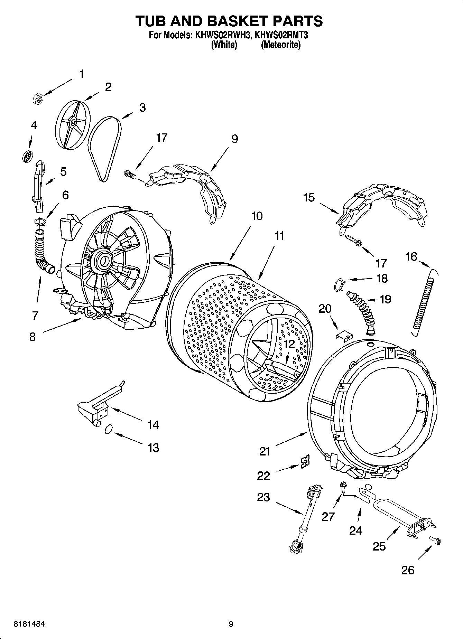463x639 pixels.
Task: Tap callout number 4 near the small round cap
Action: [x=34, y=125]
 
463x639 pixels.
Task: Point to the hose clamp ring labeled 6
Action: [x=40, y=222]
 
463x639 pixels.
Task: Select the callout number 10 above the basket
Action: [x=257, y=216]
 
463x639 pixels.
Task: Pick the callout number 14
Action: [x=153, y=424]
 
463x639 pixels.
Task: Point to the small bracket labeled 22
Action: [x=305, y=461]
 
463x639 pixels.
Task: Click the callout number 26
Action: [x=408, y=570]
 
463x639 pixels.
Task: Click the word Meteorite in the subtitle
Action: [x=280, y=45]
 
